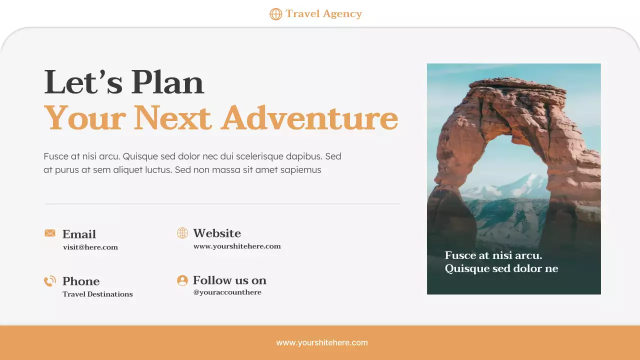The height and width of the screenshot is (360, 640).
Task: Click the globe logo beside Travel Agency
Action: click(275, 14)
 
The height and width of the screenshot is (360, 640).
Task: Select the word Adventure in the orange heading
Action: click(310, 118)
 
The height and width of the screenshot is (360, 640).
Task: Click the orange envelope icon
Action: click(50, 233)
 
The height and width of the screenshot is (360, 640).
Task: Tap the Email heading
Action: click(79, 234)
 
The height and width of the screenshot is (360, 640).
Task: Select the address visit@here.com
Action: click(90, 247)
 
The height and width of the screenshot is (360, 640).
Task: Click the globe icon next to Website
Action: click(182, 233)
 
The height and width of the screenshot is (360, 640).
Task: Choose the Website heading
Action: click(217, 233)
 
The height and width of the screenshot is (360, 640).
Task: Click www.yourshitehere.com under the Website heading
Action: click(237, 246)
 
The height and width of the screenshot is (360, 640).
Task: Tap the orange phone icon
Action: click(50, 281)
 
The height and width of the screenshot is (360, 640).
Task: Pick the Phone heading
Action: click(81, 281)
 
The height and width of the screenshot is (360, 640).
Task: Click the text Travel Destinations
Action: click(97, 294)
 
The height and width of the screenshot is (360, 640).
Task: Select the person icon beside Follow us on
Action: click(182, 280)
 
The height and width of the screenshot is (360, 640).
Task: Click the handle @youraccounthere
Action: click(227, 292)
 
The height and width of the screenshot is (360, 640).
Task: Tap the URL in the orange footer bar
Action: click(322, 343)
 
